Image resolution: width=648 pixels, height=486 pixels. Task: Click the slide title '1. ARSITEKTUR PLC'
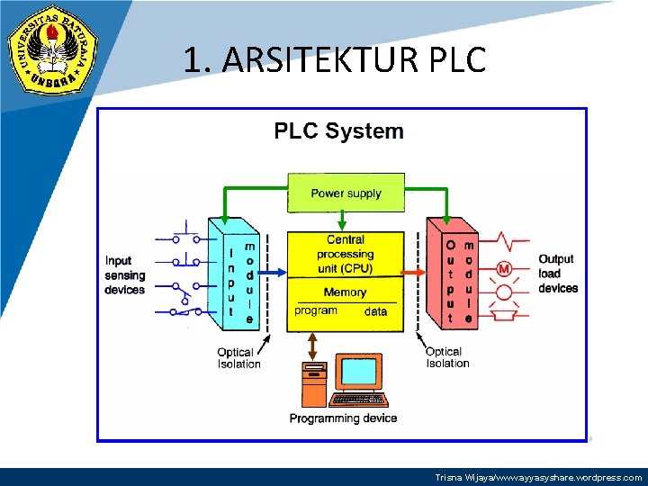(x=335, y=60)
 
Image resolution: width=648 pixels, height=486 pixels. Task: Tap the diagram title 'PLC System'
(x=338, y=131)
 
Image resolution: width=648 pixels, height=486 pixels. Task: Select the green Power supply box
(x=346, y=193)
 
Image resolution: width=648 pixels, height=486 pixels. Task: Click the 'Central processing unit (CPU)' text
(x=345, y=254)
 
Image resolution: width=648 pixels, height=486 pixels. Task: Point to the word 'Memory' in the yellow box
(x=345, y=292)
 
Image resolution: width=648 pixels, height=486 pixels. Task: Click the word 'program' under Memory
(x=316, y=310)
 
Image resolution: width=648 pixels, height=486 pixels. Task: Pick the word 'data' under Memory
(x=376, y=311)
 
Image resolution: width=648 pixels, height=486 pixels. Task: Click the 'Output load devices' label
(x=558, y=274)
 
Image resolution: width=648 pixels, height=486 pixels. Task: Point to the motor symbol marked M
(x=503, y=269)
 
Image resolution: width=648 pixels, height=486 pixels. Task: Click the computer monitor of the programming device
(x=362, y=373)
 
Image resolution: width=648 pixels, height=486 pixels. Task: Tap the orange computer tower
(x=314, y=384)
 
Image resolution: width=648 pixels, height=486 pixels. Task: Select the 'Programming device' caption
(x=343, y=418)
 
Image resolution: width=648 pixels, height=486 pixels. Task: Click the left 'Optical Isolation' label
(x=238, y=358)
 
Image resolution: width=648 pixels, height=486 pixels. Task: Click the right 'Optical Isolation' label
(x=447, y=357)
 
